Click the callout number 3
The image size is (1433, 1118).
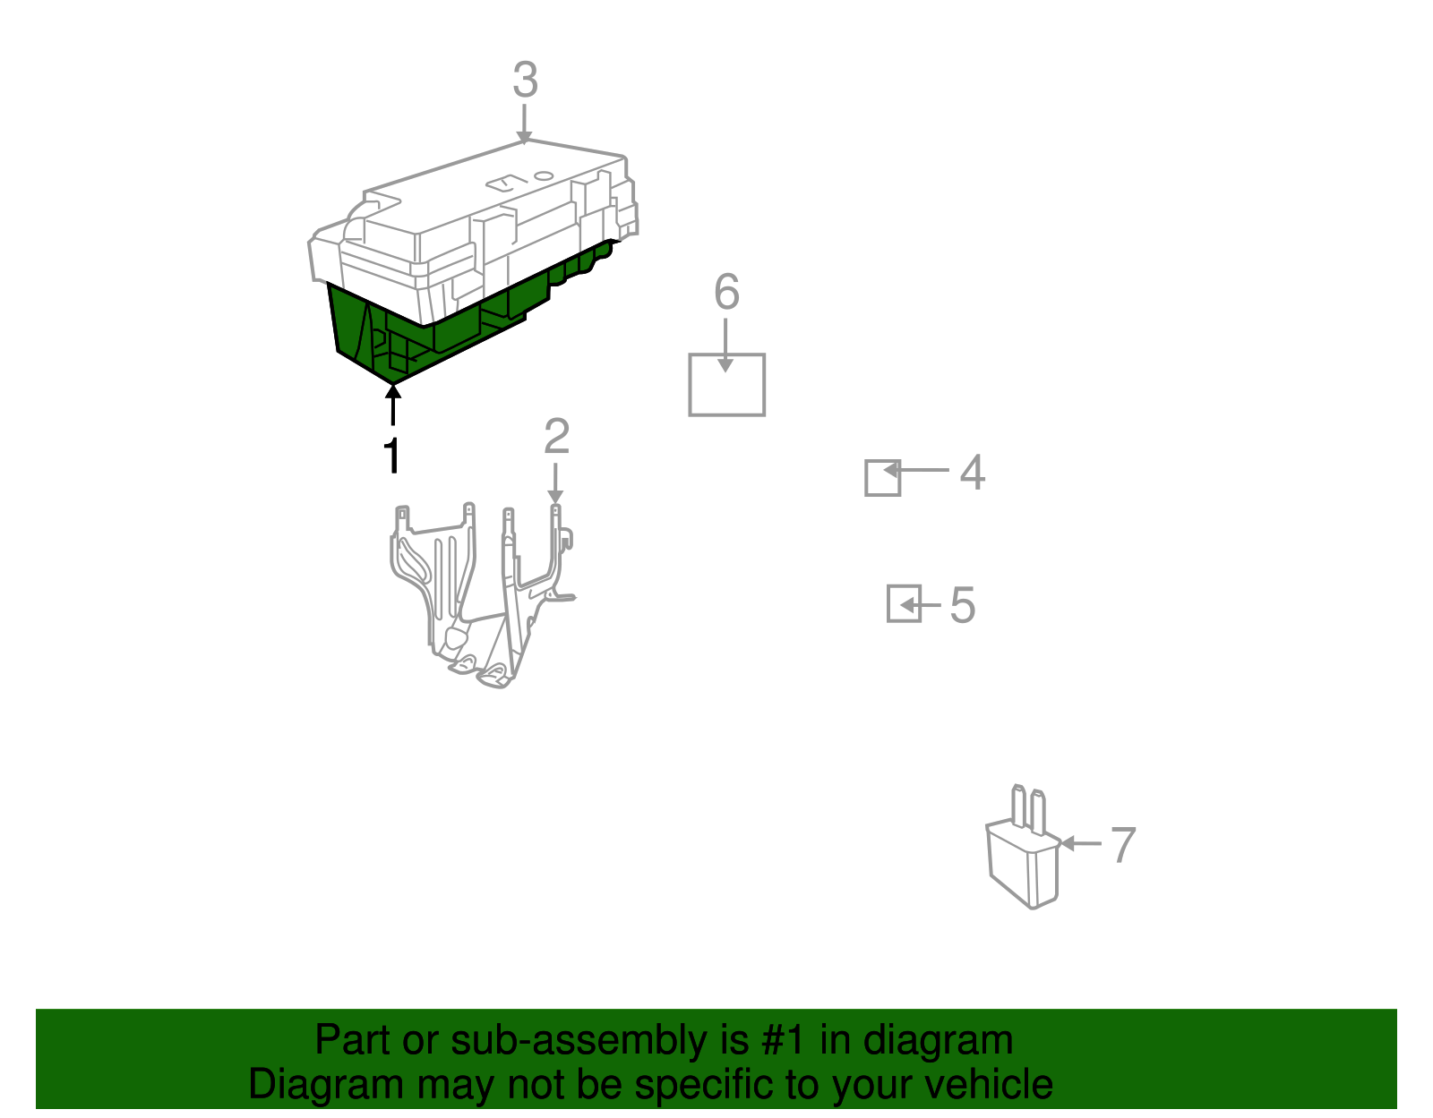pos(525,80)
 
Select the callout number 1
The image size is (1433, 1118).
pos(392,455)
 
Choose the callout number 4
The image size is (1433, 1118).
pos(972,472)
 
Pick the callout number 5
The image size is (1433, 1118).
pos(962,605)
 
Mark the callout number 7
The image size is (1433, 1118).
pos(1123,845)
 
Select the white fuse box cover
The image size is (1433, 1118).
pos(471,224)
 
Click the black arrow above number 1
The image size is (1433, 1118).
pos(393,405)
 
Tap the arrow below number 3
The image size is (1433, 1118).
pos(524,124)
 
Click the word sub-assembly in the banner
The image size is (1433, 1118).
pos(599,1040)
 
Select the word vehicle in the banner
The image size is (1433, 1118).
pos(989,1084)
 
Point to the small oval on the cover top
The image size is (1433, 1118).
pos(544,175)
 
